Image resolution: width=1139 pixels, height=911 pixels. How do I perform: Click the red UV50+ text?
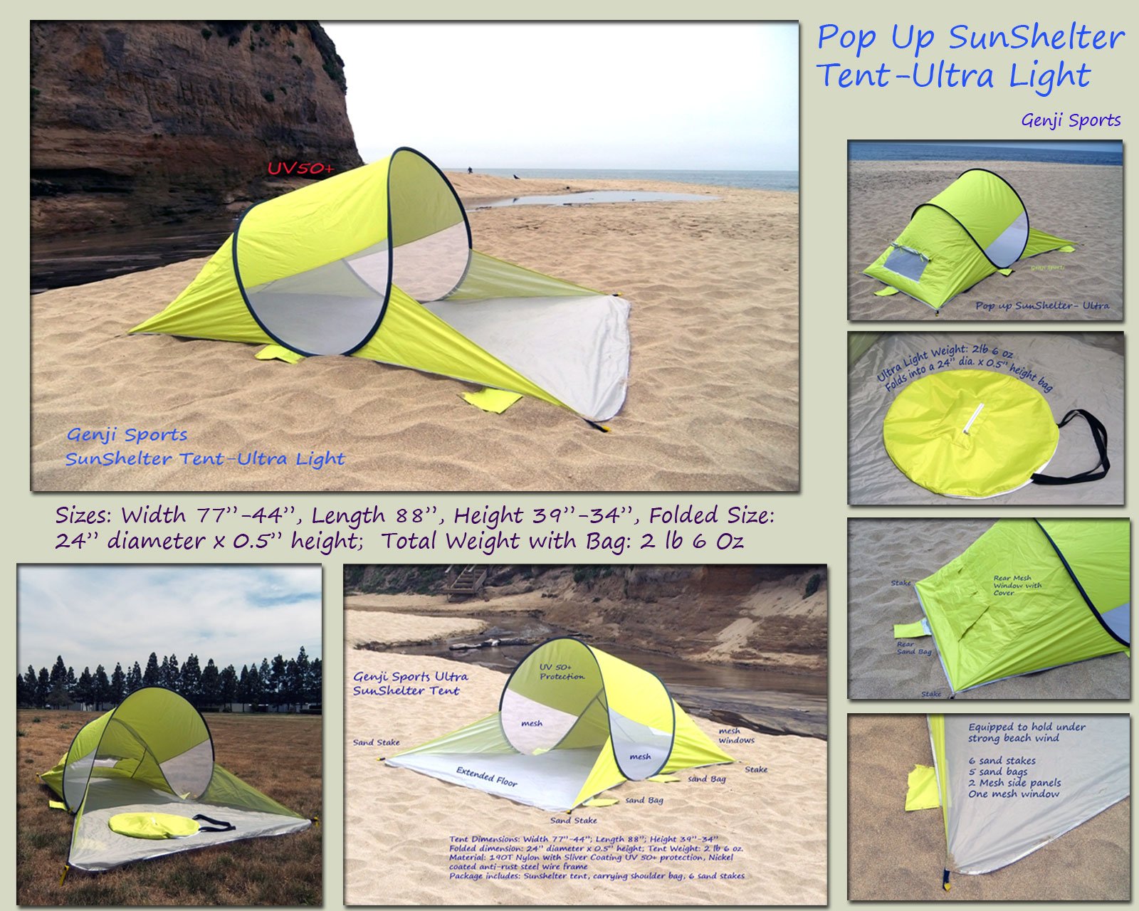click(300, 169)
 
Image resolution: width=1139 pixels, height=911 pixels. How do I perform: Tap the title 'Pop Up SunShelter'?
click(970, 38)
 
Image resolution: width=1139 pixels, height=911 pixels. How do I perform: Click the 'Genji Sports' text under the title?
click(1071, 120)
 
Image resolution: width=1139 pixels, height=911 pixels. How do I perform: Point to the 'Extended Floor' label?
click(487, 776)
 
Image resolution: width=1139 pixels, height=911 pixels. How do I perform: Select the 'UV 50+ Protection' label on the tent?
click(562, 671)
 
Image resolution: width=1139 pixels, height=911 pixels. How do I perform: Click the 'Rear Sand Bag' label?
click(914, 648)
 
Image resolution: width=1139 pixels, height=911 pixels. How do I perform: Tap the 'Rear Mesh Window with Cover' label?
click(1017, 585)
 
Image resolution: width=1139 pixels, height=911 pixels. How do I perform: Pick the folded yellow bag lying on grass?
click(154, 826)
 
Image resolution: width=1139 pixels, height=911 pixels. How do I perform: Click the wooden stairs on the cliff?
click(466, 582)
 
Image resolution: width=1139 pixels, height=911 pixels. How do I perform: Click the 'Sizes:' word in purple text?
click(85, 515)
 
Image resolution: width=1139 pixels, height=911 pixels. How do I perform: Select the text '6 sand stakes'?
click(1002, 760)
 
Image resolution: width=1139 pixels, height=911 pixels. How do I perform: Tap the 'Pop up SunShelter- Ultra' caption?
click(1041, 305)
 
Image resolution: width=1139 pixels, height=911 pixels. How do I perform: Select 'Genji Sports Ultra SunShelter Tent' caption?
click(410, 683)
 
